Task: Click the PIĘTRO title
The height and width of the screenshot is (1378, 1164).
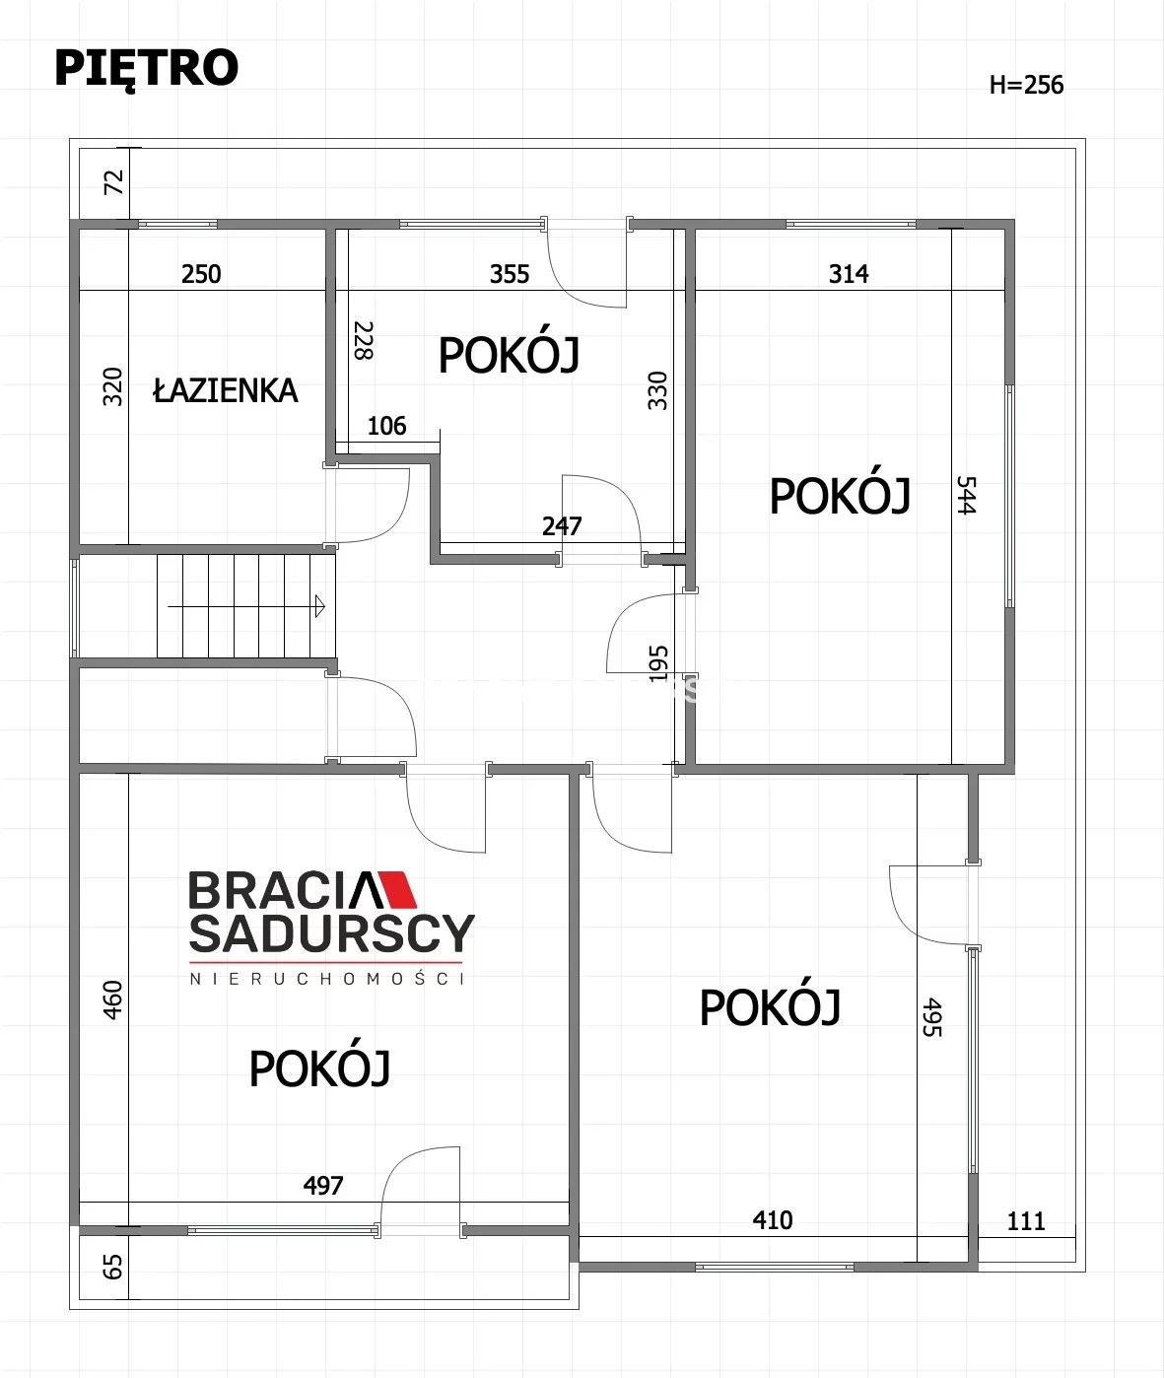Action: pos(146,68)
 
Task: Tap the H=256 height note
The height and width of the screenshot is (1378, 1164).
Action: pos(1026,85)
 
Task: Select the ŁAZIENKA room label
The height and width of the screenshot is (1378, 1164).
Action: pos(225,390)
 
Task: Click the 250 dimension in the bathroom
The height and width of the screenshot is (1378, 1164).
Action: pos(201,274)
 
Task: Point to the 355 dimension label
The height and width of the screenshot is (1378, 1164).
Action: pos(510,274)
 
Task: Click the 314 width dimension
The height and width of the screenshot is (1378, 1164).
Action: pos(849,274)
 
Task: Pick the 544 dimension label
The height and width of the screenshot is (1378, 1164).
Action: pos(966,495)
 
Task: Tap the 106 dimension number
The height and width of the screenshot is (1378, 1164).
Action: pos(386,426)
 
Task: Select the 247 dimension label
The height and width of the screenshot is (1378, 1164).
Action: pos(562,526)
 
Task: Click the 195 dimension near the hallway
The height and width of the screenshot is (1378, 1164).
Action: pos(657,664)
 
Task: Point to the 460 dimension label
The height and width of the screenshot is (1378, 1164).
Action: pos(112,1000)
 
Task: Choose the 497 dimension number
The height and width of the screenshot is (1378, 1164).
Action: pos(323,1186)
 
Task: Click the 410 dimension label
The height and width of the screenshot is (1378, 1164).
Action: pos(773,1220)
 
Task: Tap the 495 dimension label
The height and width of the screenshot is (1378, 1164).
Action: pos(931,1017)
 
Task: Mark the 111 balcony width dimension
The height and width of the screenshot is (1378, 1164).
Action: pos(1026,1221)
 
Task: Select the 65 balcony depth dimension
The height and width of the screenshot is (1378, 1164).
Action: pos(112,1268)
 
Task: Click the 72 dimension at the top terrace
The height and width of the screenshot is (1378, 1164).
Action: pos(113,182)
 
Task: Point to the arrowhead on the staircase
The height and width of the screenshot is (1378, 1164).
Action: pos(320,606)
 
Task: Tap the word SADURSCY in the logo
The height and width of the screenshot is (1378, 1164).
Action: pos(332,933)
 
